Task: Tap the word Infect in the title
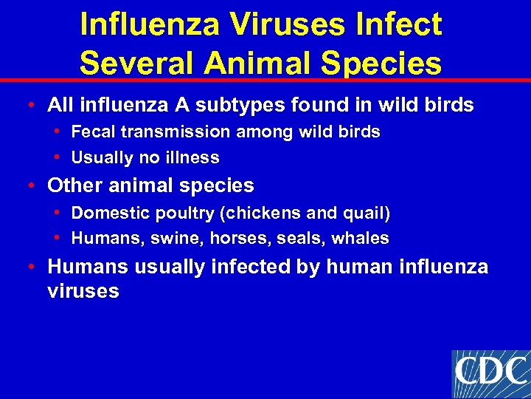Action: [400, 24]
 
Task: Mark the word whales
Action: [361, 238]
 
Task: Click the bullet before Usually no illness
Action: [58, 157]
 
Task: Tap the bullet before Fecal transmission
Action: [58, 132]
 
